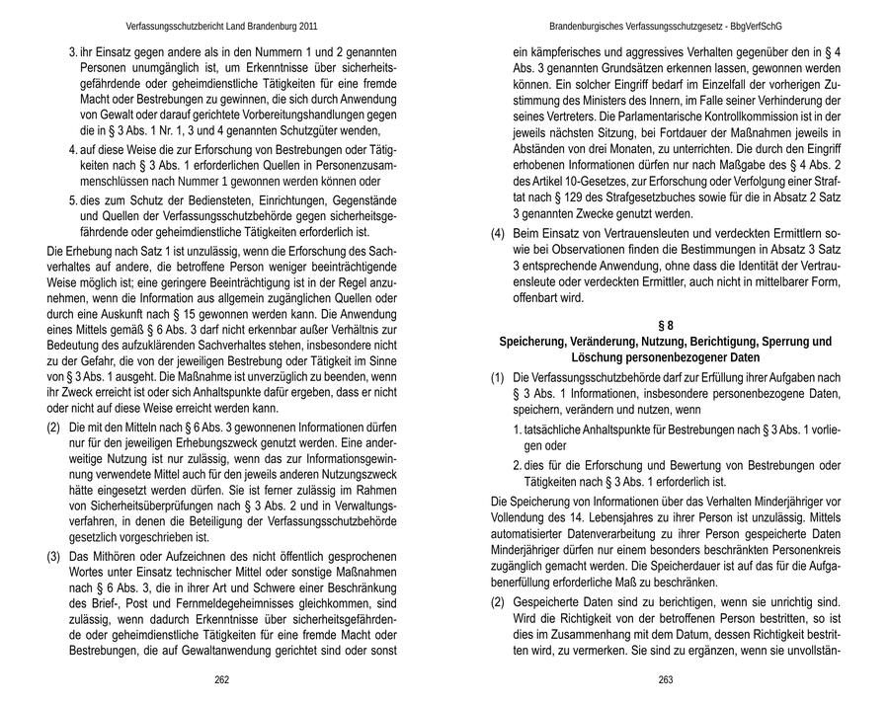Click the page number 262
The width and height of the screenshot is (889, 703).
222,680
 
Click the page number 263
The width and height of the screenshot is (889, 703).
666,680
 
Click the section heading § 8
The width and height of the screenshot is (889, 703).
666,325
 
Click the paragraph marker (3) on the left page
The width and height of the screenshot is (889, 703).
54,557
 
